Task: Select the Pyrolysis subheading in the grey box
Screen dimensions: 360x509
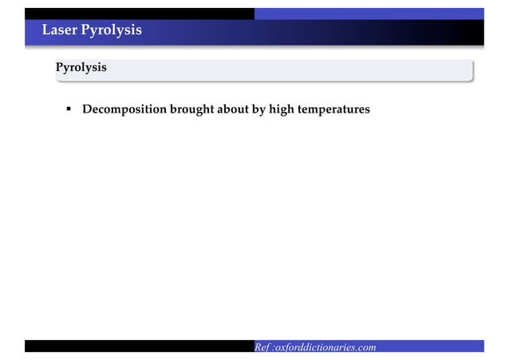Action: coord(81,68)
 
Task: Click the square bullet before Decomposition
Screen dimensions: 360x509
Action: coord(69,108)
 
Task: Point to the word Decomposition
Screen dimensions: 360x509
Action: coord(124,108)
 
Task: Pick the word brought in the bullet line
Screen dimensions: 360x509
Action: coord(192,108)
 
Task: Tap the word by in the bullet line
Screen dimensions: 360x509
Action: coord(259,108)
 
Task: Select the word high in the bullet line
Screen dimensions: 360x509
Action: coord(282,108)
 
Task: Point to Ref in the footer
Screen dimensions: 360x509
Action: coord(262,347)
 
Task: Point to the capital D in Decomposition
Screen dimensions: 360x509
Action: coord(87,108)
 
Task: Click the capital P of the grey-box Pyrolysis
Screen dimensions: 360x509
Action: coord(58,68)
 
